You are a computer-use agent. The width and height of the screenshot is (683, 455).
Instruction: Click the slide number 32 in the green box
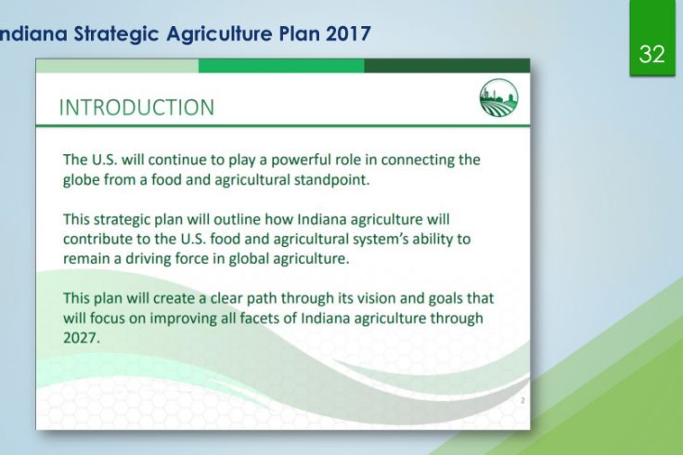pos(652,54)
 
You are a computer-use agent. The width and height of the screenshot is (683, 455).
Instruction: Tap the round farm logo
pos(498,97)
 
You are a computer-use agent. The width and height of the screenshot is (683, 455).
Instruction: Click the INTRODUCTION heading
pos(136,107)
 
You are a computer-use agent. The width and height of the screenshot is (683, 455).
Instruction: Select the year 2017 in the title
pos(348,33)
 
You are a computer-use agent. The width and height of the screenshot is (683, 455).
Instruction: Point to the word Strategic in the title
pos(116,34)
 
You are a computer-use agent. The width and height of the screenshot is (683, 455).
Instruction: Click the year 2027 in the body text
pos(82,338)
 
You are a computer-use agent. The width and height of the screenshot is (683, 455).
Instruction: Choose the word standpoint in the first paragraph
pos(332,180)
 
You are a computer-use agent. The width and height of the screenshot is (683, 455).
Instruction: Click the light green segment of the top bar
pos(117,66)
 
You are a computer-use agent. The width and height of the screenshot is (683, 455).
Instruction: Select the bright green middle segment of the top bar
pos(281,66)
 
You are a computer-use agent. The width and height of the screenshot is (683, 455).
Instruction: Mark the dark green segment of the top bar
pos(447,66)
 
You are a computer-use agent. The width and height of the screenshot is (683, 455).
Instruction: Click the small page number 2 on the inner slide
pos(522,400)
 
